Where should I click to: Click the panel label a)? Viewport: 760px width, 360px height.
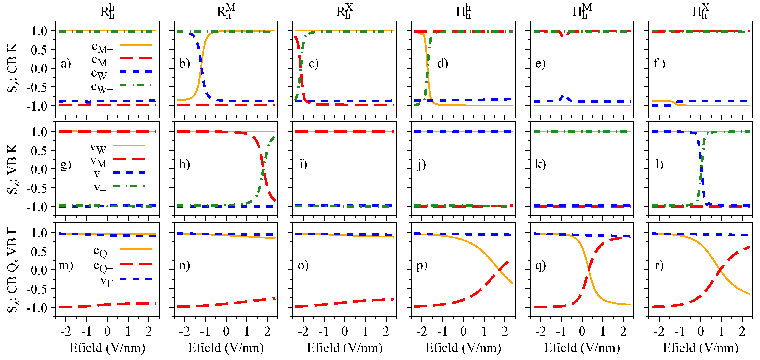click(x=66, y=64)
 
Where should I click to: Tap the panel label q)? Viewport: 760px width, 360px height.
click(x=541, y=266)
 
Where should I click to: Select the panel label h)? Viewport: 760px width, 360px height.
click(x=184, y=164)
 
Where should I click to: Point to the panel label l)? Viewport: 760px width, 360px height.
click(x=659, y=164)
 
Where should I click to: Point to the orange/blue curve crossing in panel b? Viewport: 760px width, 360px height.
click(x=201, y=67)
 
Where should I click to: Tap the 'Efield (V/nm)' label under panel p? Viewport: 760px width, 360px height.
click(x=463, y=348)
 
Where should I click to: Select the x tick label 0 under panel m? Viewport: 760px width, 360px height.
click(x=107, y=332)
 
